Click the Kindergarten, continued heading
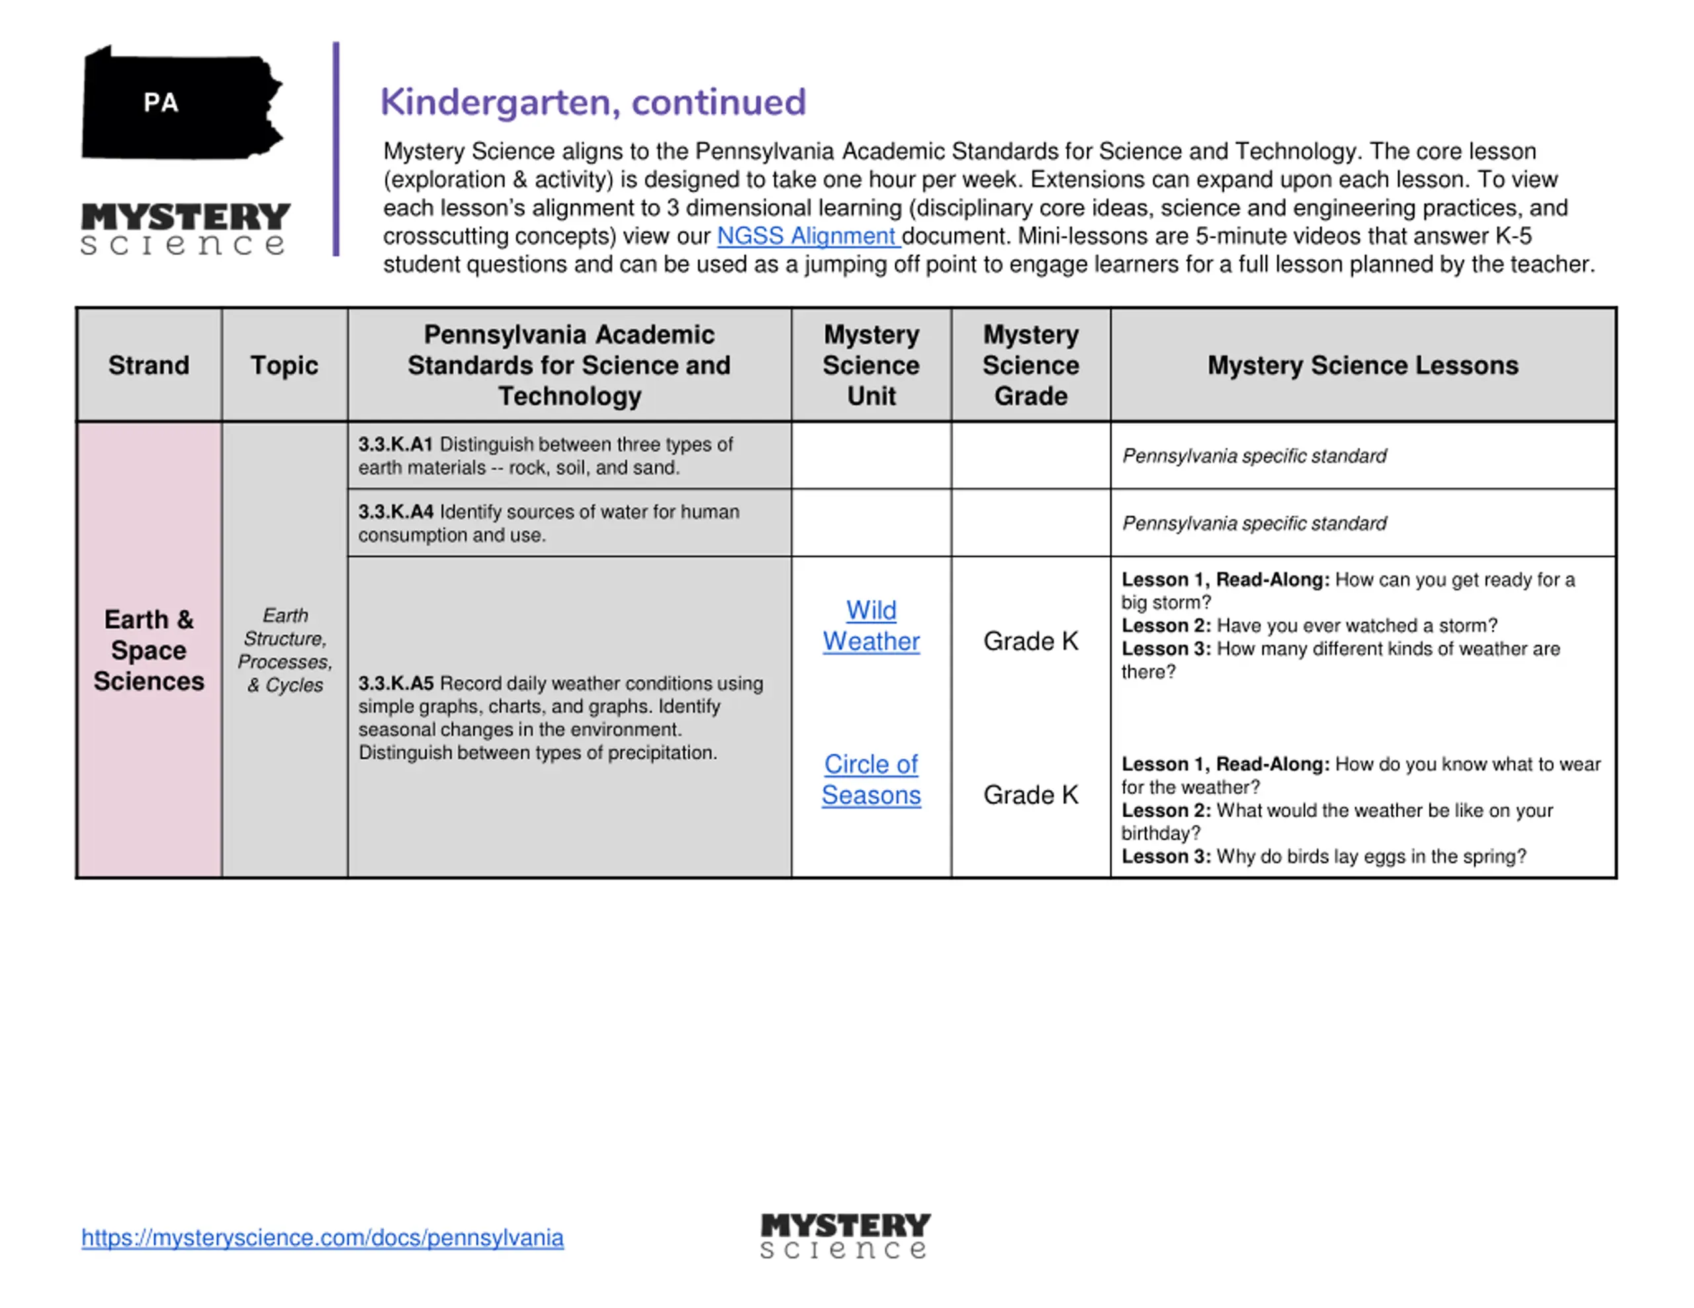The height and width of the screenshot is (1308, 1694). tap(593, 102)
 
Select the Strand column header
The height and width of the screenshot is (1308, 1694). tap(149, 365)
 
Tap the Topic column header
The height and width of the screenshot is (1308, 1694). tap(284, 365)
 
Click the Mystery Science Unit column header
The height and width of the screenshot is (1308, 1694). tap(871, 365)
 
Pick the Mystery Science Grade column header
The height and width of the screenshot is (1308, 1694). tap(1030, 365)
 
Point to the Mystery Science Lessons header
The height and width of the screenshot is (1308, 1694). tap(1362, 365)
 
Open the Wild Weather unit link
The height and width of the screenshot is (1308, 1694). tap(871, 626)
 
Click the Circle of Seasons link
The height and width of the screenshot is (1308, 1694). tap(871, 779)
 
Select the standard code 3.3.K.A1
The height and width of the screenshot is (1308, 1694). tap(395, 444)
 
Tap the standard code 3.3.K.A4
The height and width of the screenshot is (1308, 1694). tap(396, 512)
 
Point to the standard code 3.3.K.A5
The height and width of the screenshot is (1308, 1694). tap(396, 683)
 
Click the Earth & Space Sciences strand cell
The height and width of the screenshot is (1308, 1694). tap(149, 650)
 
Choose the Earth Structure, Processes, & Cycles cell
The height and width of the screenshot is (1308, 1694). tap(285, 650)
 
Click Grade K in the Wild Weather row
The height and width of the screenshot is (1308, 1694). tap(1030, 641)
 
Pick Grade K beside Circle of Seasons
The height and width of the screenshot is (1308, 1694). tap(1030, 795)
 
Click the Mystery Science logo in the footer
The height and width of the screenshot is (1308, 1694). tap(844, 1236)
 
